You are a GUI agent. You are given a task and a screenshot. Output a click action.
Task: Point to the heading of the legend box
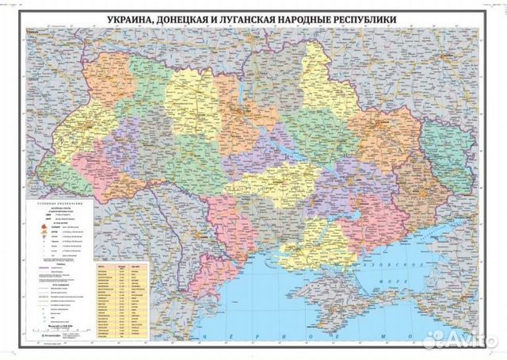59,205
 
